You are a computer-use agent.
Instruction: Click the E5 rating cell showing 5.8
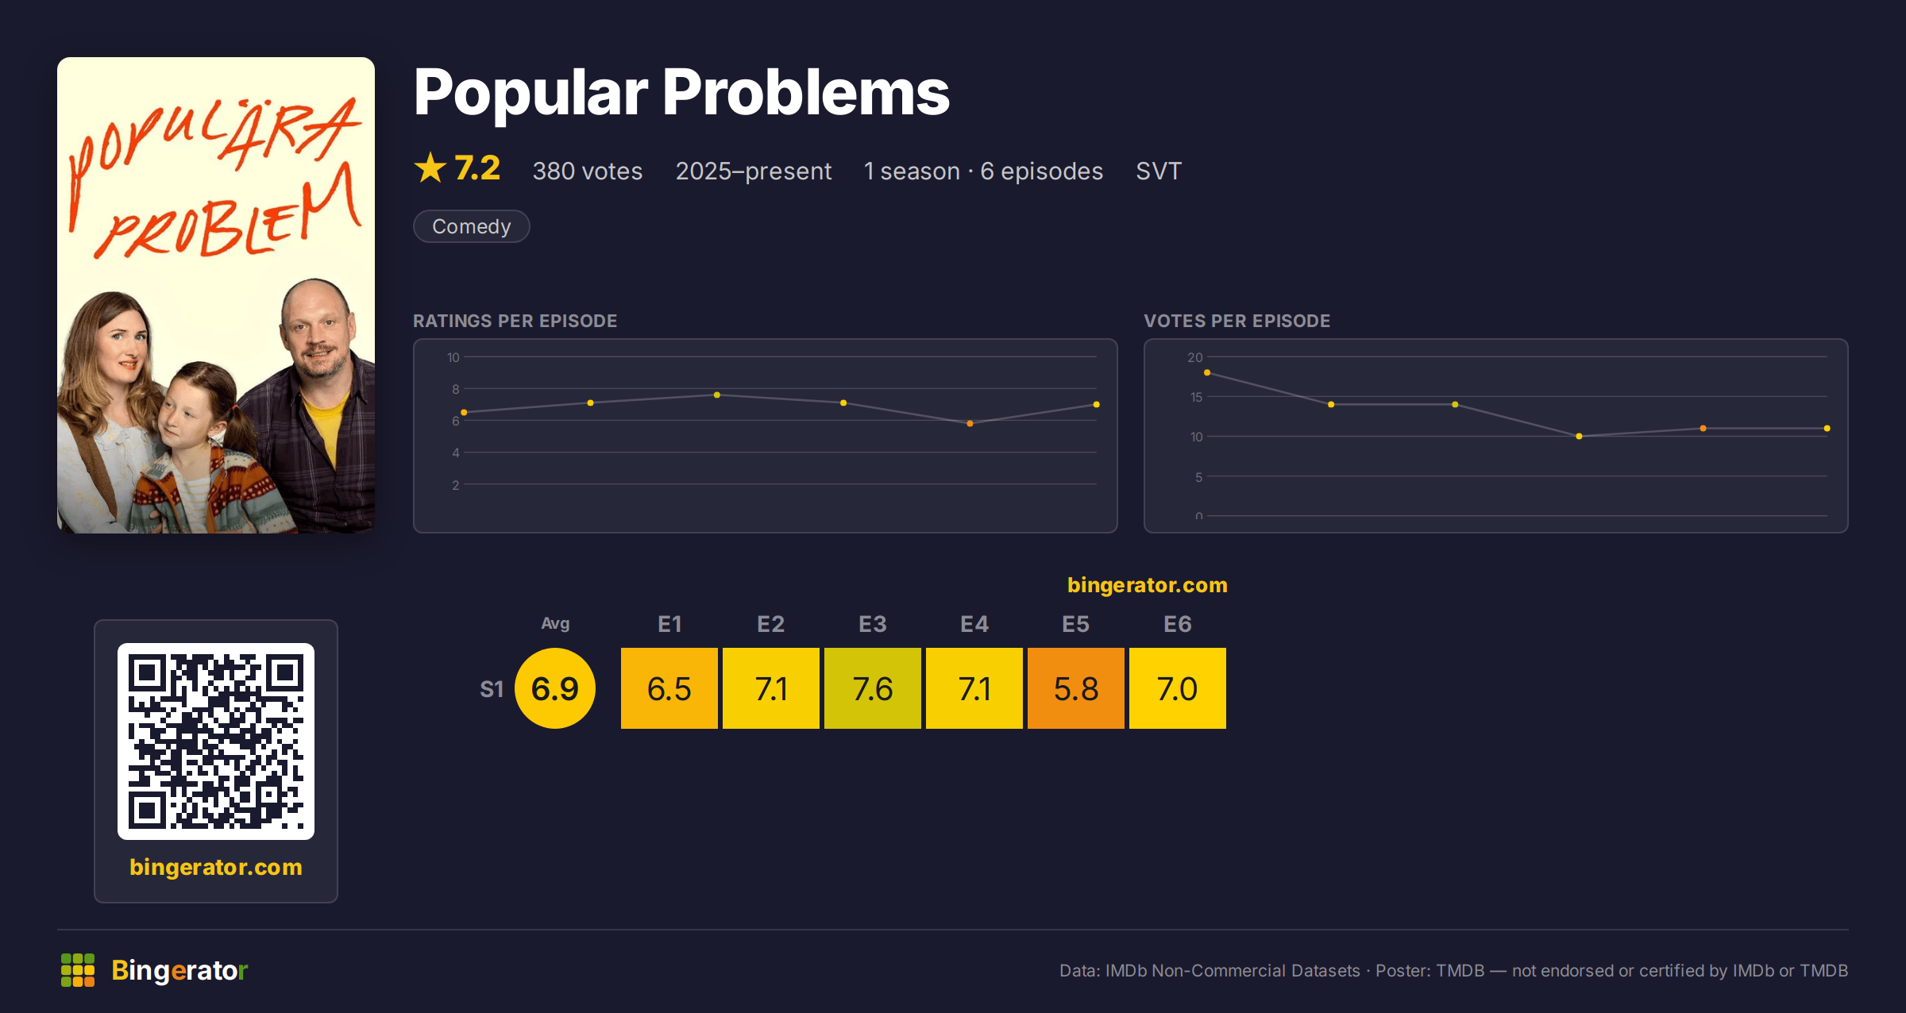pyautogui.click(x=1075, y=688)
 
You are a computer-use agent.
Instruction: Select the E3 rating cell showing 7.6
pyautogui.click(x=872, y=688)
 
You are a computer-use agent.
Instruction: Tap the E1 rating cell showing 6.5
pyautogui.click(x=669, y=688)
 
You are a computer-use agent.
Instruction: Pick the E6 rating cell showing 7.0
pyautogui.click(x=1177, y=688)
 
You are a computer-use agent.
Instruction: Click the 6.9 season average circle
pyautogui.click(x=555, y=688)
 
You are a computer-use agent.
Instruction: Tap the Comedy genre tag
pyautogui.click(x=471, y=226)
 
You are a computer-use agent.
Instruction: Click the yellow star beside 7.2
pyautogui.click(x=430, y=168)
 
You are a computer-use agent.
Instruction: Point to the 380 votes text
pyautogui.click(x=587, y=171)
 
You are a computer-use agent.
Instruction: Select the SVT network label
pyautogui.click(x=1159, y=171)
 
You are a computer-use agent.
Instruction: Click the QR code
pyautogui.click(x=216, y=741)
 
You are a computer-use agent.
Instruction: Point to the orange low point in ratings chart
pyautogui.click(x=970, y=423)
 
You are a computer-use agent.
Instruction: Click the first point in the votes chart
pyautogui.click(x=1207, y=372)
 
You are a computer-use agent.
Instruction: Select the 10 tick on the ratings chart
pyautogui.click(x=453, y=357)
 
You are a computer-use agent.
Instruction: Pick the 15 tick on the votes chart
pyautogui.click(x=1196, y=397)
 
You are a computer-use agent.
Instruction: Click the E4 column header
pyautogui.click(x=974, y=624)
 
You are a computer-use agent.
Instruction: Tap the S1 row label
pyautogui.click(x=492, y=689)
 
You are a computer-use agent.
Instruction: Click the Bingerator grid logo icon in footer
pyautogui.click(x=78, y=970)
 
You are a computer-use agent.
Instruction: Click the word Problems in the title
pyautogui.click(x=806, y=93)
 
